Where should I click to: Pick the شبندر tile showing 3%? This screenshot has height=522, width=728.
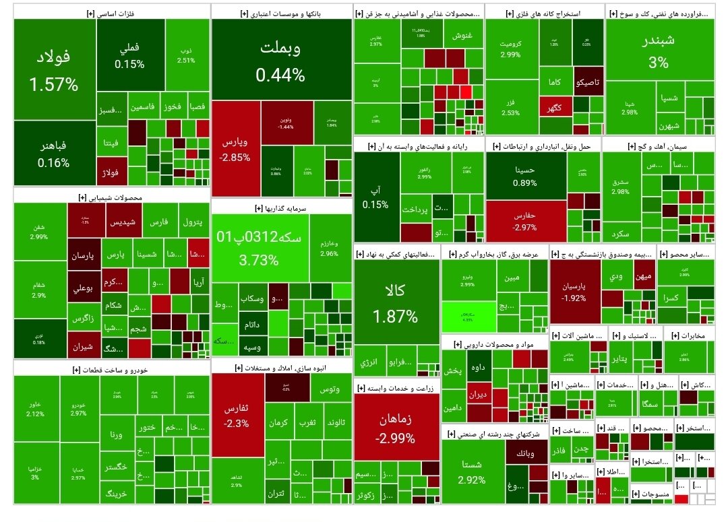coord(659,53)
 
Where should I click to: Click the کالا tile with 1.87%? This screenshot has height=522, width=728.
coord(393,304)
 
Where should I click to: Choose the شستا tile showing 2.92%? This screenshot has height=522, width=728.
coord(472,471)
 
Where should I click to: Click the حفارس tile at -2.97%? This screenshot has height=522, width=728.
coord(524,222)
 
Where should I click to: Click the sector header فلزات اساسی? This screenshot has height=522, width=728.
coord(111,13)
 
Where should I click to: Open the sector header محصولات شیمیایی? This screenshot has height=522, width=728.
coord(111,198)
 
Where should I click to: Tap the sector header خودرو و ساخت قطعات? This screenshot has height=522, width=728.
coord(111,369)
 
